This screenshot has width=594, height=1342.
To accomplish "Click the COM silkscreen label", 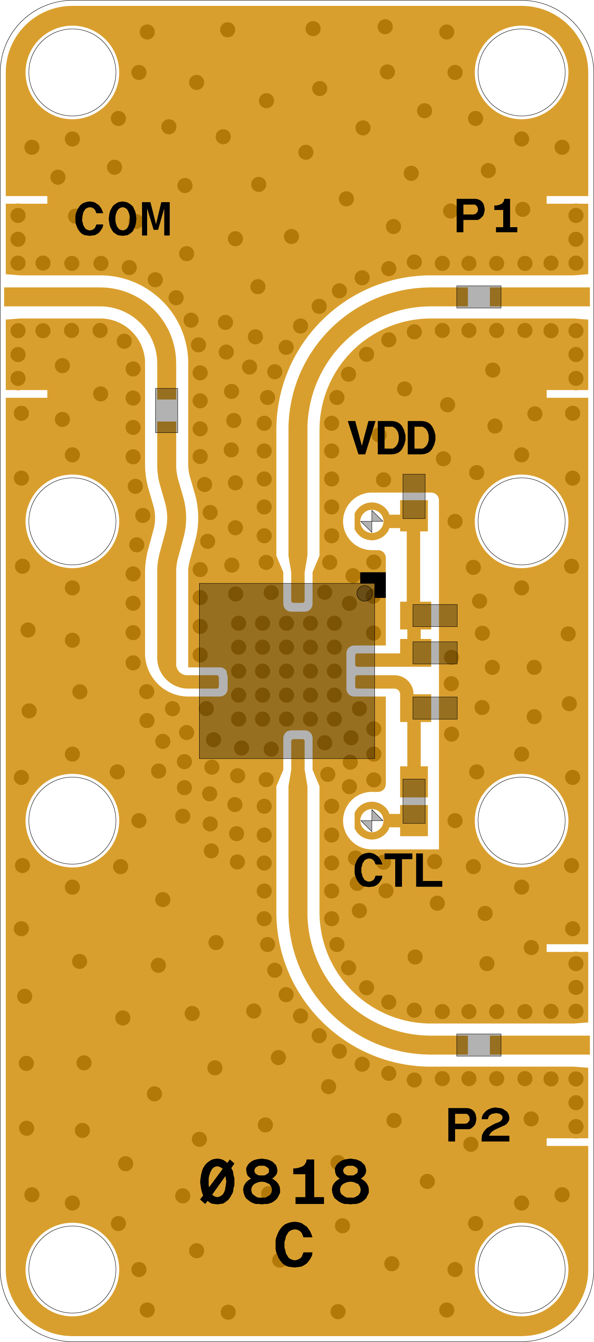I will coord(123,219).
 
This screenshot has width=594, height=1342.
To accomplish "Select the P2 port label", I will coord(478,1125).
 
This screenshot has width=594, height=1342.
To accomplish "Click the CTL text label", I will coord(398,870).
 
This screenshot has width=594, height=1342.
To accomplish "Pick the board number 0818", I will coord(285,1182).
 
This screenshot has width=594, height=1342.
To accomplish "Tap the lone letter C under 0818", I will coord(294,1245).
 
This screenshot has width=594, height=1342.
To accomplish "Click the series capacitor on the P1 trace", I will coord(479,297).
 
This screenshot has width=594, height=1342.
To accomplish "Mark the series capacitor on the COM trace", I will coord(166,411).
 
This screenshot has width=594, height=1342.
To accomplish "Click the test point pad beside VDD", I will coord(372,521).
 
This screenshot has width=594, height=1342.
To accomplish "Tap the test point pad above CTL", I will coord(372,820).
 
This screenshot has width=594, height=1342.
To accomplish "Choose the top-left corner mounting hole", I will coord(72,72).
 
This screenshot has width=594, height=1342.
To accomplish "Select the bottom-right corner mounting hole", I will coord(522,1270).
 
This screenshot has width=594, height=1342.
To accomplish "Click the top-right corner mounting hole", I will coord(522,72).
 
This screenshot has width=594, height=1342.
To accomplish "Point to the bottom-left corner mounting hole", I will coord(72,1270).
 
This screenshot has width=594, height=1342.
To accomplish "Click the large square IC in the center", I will coord(287,671).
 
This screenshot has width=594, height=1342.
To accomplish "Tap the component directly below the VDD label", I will coord(414,496).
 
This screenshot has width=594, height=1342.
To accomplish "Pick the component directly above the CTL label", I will coord(414,801).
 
